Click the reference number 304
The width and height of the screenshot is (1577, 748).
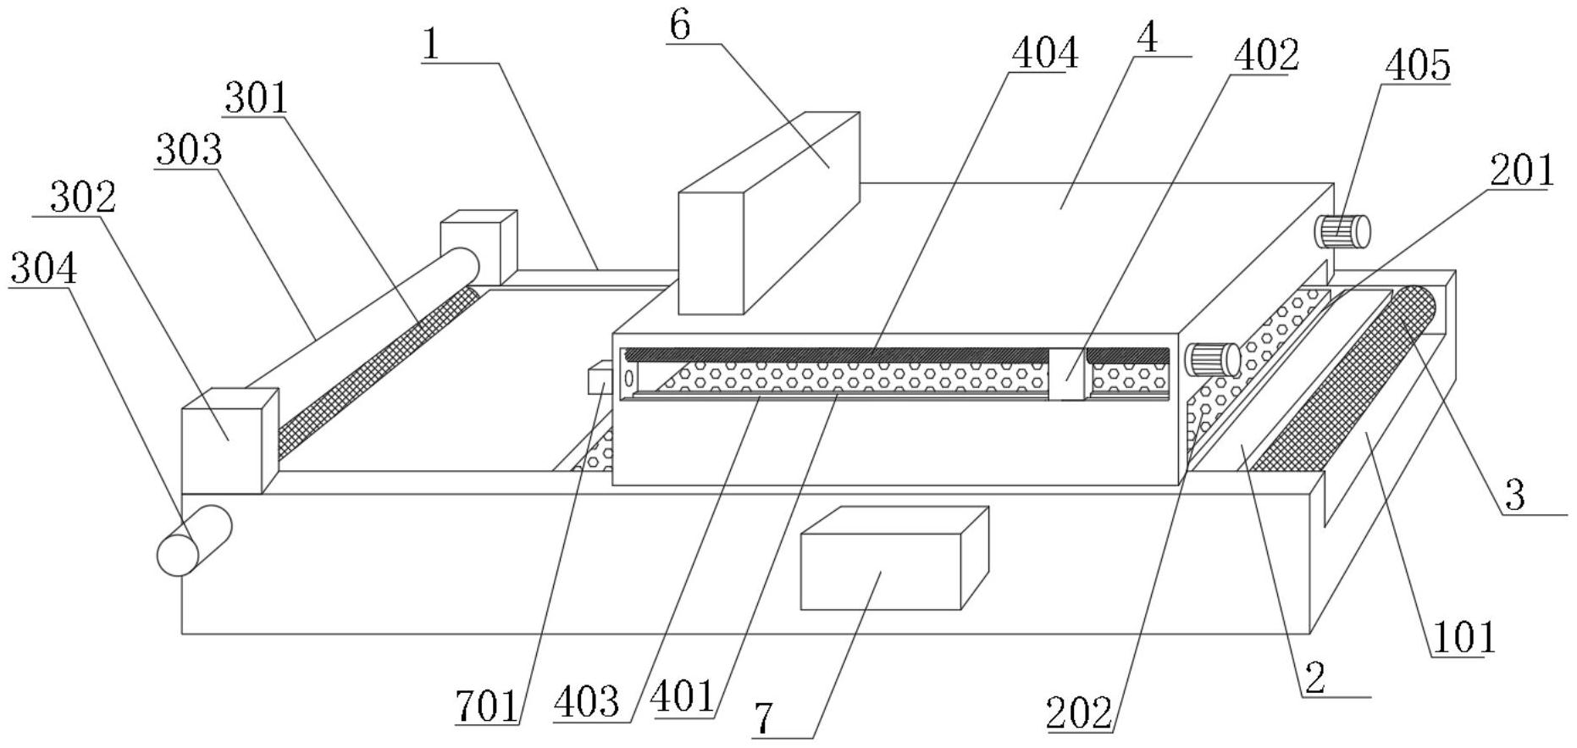(x=43, y=269)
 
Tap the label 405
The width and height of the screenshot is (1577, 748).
(x=1418, y=65)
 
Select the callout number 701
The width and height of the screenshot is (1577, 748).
(x=486, y=707)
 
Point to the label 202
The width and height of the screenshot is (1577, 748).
(x=1079, y=713)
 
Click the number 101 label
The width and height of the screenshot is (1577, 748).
(x=1463, y=637)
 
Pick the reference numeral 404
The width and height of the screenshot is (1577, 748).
(x=1045, y=53)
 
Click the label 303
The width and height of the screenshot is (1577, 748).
(x=188, y=151)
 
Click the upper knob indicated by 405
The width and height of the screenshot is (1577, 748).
(x=1342, y=230)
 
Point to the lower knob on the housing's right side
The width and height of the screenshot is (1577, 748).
(x=1213, y=359)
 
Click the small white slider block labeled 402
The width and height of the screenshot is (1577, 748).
(x=1067, y=374)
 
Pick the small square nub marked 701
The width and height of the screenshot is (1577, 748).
(x=599, y=378)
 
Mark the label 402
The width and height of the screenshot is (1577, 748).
(x=1266, y=57)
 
